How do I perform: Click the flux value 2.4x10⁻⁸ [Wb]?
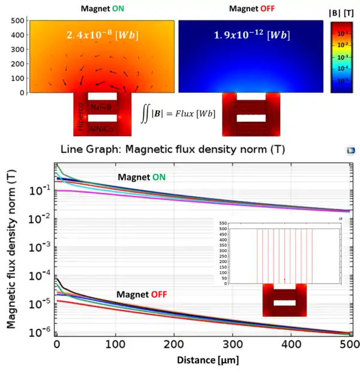(x=102, y=35)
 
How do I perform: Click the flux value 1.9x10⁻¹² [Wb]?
(x=251, y=35)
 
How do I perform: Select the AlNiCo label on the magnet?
(x=103, y=129)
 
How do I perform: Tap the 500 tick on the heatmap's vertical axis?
(x=16, y=20)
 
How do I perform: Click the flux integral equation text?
(x=178, y=113)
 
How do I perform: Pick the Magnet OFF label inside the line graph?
(x=142, y=294)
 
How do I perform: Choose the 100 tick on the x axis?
(x=115, y=345)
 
